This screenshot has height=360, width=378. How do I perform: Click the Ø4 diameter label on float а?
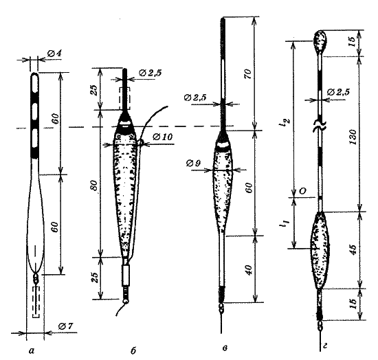tap(54, 54)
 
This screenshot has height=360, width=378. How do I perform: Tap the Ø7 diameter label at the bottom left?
tap(65, 326)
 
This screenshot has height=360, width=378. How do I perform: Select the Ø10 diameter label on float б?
tap(163, 137)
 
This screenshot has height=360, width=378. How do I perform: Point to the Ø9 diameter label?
tap(193, 164)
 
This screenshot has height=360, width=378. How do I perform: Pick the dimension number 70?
tap(248, 74)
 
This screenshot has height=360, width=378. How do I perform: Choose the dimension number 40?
tap(249, 271)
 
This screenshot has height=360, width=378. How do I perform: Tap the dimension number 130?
tap(353, 137)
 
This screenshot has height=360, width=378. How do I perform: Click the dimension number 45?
tap(353, 249)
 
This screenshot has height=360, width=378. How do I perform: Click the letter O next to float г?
tap(303, 191)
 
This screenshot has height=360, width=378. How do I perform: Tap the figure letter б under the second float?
tap(133, 350)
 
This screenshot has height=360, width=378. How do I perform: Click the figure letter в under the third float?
tap(225, 348)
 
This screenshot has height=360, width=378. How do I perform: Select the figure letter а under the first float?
tap(32, 351)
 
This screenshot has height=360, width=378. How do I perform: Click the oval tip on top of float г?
tap(320, 41)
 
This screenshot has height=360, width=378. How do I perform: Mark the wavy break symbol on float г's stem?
tap(320, 125)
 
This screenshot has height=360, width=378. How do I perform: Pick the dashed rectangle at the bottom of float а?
tap(36, 302)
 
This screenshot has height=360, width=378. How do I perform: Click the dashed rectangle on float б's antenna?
tap(125, 98)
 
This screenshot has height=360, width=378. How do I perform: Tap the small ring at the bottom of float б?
tap(126, 301)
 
